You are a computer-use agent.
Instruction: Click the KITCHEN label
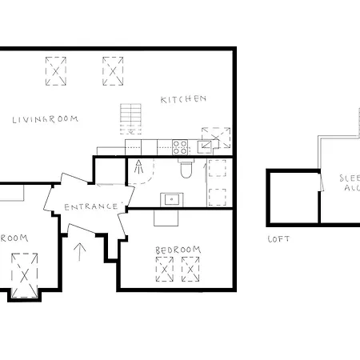(x=184, y=99)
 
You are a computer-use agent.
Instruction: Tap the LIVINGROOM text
(x=46, y=119)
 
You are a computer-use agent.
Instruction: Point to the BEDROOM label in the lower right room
(x=178, y=250)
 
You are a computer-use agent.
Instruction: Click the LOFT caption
(x=278, y=239)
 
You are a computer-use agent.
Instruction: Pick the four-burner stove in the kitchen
(x=181, y=146)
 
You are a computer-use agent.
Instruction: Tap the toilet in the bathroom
(x=186, y=170)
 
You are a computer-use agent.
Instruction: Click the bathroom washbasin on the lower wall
(x=170, y=198)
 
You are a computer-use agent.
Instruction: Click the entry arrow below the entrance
(x=79, y=252)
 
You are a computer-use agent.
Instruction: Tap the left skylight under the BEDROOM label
(x=164, y=270)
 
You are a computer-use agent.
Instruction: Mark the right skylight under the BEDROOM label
(x=190, y=270)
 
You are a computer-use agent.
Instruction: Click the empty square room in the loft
(x=293, y=198)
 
